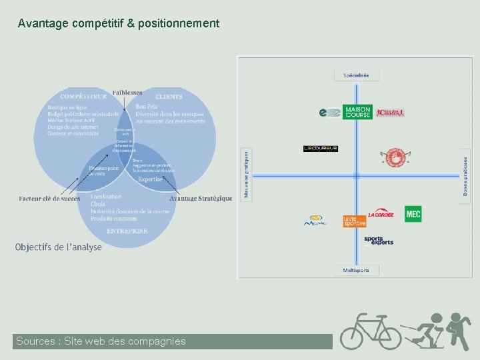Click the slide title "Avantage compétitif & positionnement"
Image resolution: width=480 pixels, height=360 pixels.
coord(118,23)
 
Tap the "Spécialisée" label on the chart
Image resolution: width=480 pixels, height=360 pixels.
coord(356,75)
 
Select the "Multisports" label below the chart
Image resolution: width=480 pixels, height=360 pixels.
coord(356,270)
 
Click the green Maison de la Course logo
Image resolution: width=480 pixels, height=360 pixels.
coord(357,113)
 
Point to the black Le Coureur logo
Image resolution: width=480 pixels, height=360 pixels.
coord(321,149)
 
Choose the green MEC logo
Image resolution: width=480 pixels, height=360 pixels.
coord(413,214)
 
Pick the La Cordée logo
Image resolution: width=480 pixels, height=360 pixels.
coord(381,214)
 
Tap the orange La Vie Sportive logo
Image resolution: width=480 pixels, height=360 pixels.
coord(355,221)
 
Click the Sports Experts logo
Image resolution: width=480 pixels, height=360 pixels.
coord(379,240)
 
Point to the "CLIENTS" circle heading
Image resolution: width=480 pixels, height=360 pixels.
coord(169,97)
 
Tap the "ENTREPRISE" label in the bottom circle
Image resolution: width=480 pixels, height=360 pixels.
coord(126,231)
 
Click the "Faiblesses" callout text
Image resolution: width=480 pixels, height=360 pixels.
coord(127,93)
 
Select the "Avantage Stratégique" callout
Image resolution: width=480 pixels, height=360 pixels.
coord(201,198)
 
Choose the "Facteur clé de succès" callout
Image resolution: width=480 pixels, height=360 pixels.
coord(49,198)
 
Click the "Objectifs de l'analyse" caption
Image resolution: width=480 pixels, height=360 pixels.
coord(59,247)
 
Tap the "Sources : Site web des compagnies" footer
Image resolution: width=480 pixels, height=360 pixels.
coord(101,341)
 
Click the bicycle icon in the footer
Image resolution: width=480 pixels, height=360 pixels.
coord(371,331)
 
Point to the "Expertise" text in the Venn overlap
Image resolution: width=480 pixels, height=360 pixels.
coord(150,179)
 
